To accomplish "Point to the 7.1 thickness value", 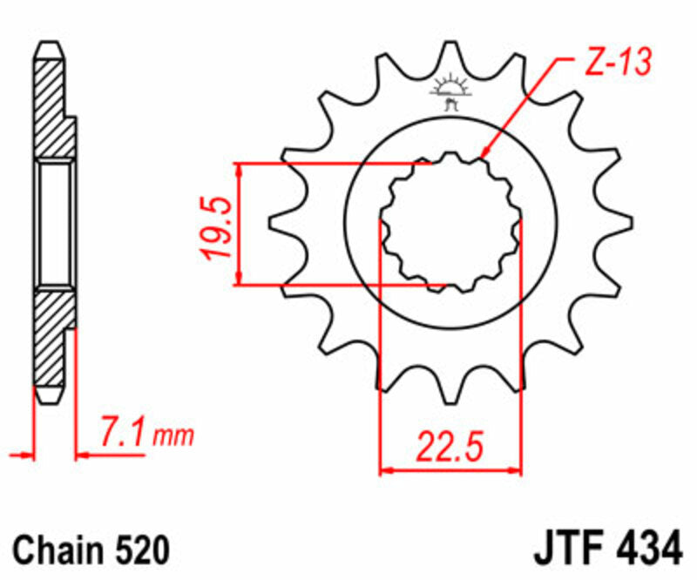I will coord(123,432).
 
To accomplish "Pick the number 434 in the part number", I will coord(648,550).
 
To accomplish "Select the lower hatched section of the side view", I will coord(51,340).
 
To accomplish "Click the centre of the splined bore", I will coord(450,223).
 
